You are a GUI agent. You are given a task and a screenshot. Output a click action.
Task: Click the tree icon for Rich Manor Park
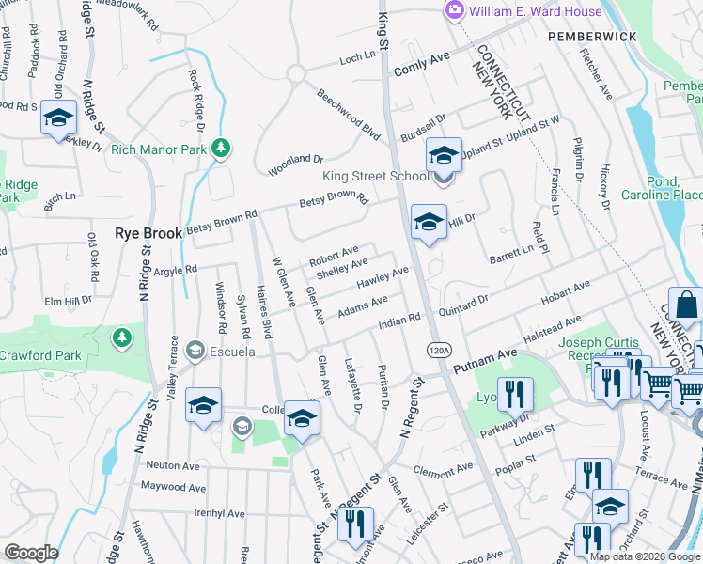click(x=220, y=148)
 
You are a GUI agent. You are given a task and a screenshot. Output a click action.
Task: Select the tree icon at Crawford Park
click(x=120, y=336)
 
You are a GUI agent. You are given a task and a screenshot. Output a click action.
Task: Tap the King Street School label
click(x=376, y=176)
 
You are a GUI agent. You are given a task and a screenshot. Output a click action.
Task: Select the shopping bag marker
click(x=686, y=305)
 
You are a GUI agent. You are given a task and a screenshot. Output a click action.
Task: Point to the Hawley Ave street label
click(x=383, y=277)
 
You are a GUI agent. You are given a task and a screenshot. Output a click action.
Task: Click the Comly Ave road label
click(x=423, y=61)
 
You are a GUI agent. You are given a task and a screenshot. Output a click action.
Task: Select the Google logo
click(x=31, y=552)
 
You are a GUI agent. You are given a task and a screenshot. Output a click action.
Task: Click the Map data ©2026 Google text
click(x=645, y=556)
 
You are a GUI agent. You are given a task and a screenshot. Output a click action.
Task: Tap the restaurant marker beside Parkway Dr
click(x=514, y=392)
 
